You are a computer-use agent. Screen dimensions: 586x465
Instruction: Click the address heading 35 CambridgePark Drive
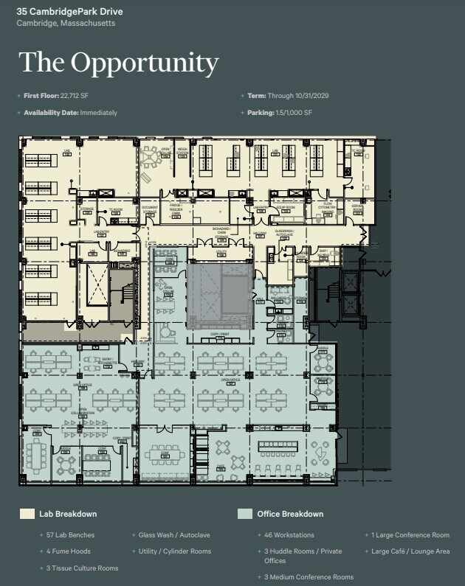pos(70,12)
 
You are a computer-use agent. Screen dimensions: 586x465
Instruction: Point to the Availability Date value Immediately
pos(98,113)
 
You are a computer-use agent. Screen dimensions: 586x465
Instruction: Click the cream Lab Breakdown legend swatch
pos(27,514)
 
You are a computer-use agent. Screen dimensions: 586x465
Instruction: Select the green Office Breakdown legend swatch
pos(245,514)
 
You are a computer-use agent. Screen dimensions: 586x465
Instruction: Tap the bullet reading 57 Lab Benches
pos(70,535)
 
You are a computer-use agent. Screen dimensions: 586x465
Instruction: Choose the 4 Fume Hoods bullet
pos(68,551)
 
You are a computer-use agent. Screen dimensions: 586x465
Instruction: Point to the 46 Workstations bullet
pos(289,535)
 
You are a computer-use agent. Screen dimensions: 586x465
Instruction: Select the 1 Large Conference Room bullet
pos(410,535)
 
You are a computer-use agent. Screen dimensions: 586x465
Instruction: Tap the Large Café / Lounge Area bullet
pos(410,551)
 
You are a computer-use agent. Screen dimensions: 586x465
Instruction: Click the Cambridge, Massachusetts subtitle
pos(66,24)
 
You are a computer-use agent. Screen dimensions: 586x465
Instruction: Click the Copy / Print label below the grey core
pos(219,335)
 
